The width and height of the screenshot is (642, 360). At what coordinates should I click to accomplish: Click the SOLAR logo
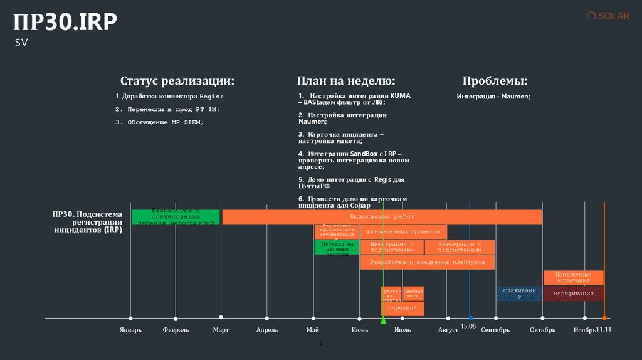(608, 16)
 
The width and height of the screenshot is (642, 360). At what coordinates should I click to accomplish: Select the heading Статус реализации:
(177, 82)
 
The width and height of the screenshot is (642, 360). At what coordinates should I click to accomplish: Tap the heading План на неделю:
(346, 82)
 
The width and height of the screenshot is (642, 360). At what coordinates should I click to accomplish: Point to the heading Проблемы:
(495, 82)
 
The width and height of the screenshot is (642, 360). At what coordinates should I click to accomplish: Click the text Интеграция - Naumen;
(493, 97)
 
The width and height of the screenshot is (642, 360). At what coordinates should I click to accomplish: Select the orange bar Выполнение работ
(382, 217)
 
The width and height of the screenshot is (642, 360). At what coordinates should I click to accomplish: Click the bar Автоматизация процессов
(404, 232)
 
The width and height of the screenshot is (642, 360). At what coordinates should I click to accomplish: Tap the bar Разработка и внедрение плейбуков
(427, 262)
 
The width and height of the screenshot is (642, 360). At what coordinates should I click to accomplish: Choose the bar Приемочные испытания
(573, 278)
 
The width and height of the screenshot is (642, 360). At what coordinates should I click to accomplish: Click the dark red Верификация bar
(573, 294)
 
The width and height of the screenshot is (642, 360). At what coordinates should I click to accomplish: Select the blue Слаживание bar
(519, 294)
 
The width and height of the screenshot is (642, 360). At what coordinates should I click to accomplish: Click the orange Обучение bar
(402, 309)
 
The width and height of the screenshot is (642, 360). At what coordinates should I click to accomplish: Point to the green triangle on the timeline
(383, 320)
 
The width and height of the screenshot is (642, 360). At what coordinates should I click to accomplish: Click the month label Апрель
(267, 330)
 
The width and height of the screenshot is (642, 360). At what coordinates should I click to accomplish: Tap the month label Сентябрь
(495, 330)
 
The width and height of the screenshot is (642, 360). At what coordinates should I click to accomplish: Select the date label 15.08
(468, 327)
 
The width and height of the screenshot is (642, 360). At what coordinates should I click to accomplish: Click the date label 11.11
(603, 329)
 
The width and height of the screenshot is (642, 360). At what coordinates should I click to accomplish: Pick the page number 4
(321, 344)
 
